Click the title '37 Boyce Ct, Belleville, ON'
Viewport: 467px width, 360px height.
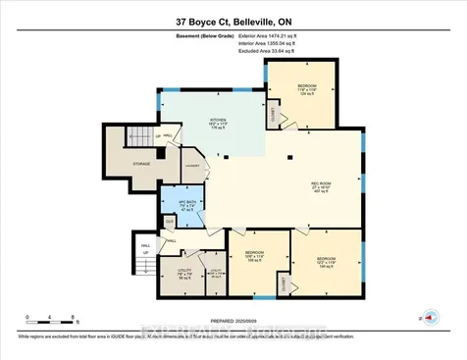pos(233,17)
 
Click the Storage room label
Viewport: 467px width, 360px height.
pos(142,165)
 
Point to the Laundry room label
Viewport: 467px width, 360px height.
pos(191,166)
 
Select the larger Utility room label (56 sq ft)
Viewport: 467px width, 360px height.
pos(183,274)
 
